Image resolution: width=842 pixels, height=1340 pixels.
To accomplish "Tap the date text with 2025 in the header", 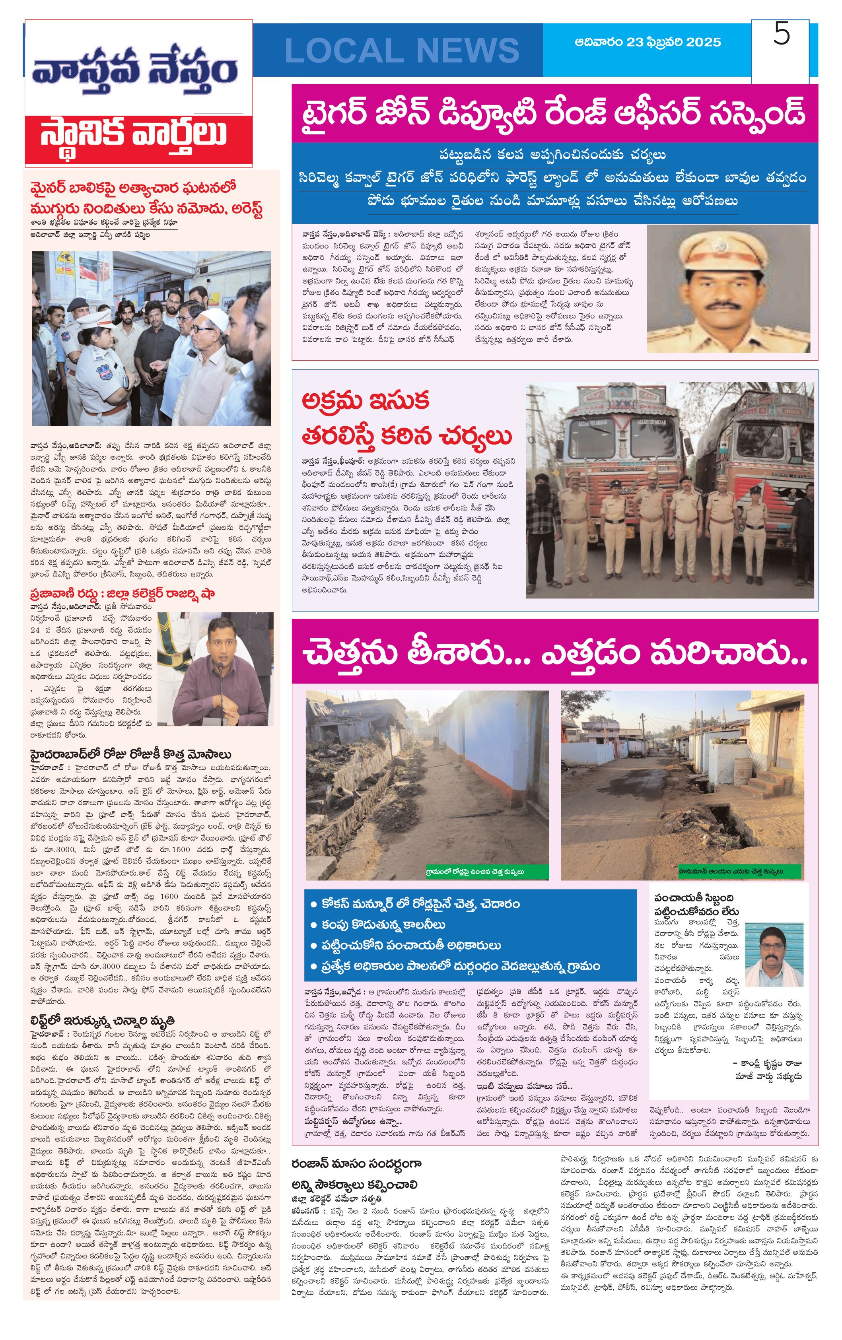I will tap(648, 42).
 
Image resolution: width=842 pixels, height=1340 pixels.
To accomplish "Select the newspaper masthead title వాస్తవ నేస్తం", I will tap(135, 70).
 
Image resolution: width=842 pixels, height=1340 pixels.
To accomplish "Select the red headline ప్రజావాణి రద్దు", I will tap(123, 593).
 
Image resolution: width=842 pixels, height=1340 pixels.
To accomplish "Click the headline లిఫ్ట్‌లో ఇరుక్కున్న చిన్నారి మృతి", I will tap(103, 1020).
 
